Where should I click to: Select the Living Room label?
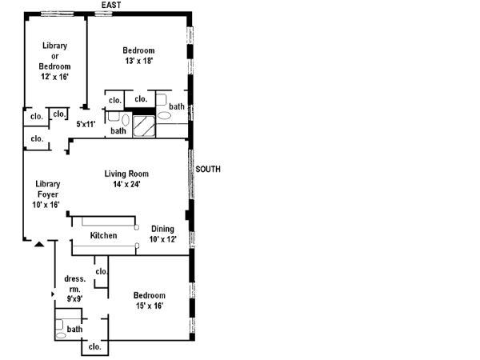coord(126,174)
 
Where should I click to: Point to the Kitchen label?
coord(103,235)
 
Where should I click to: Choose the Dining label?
coord(162,229)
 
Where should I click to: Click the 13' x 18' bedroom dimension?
coord(138,61)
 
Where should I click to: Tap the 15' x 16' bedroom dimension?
coord(150,306)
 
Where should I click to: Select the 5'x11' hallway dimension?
coord(86,124)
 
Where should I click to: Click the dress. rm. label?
coord(74,284)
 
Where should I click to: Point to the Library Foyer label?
coord(48,189)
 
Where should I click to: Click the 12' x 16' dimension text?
coord(55,77)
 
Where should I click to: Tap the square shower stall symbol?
coord(146,126)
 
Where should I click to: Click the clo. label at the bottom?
coord(94,346)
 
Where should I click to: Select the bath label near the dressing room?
coord(74,329)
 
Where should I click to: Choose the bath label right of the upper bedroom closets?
coord(176,106)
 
